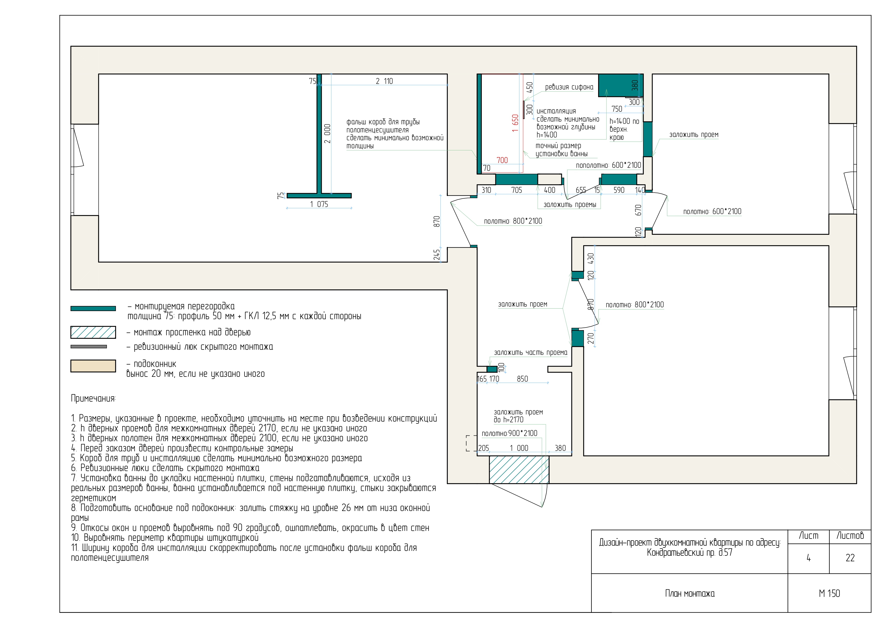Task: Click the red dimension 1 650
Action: coord(515,123)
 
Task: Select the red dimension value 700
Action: coord(502,160)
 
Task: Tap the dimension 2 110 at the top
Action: coord(384,81)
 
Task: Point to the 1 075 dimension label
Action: coord(319,204)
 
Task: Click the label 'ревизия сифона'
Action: coord(569,87)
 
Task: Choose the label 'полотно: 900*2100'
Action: coord(509,433)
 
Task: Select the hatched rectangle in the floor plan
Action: coord(519,470)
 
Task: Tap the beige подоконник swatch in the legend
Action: coord(93,366)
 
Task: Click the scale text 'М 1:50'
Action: coord(829,593)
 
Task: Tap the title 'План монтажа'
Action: coord(690,593)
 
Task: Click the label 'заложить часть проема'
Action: coord(531,353)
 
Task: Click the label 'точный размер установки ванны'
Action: coord(561,150)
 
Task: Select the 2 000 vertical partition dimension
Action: coord(327,134)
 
